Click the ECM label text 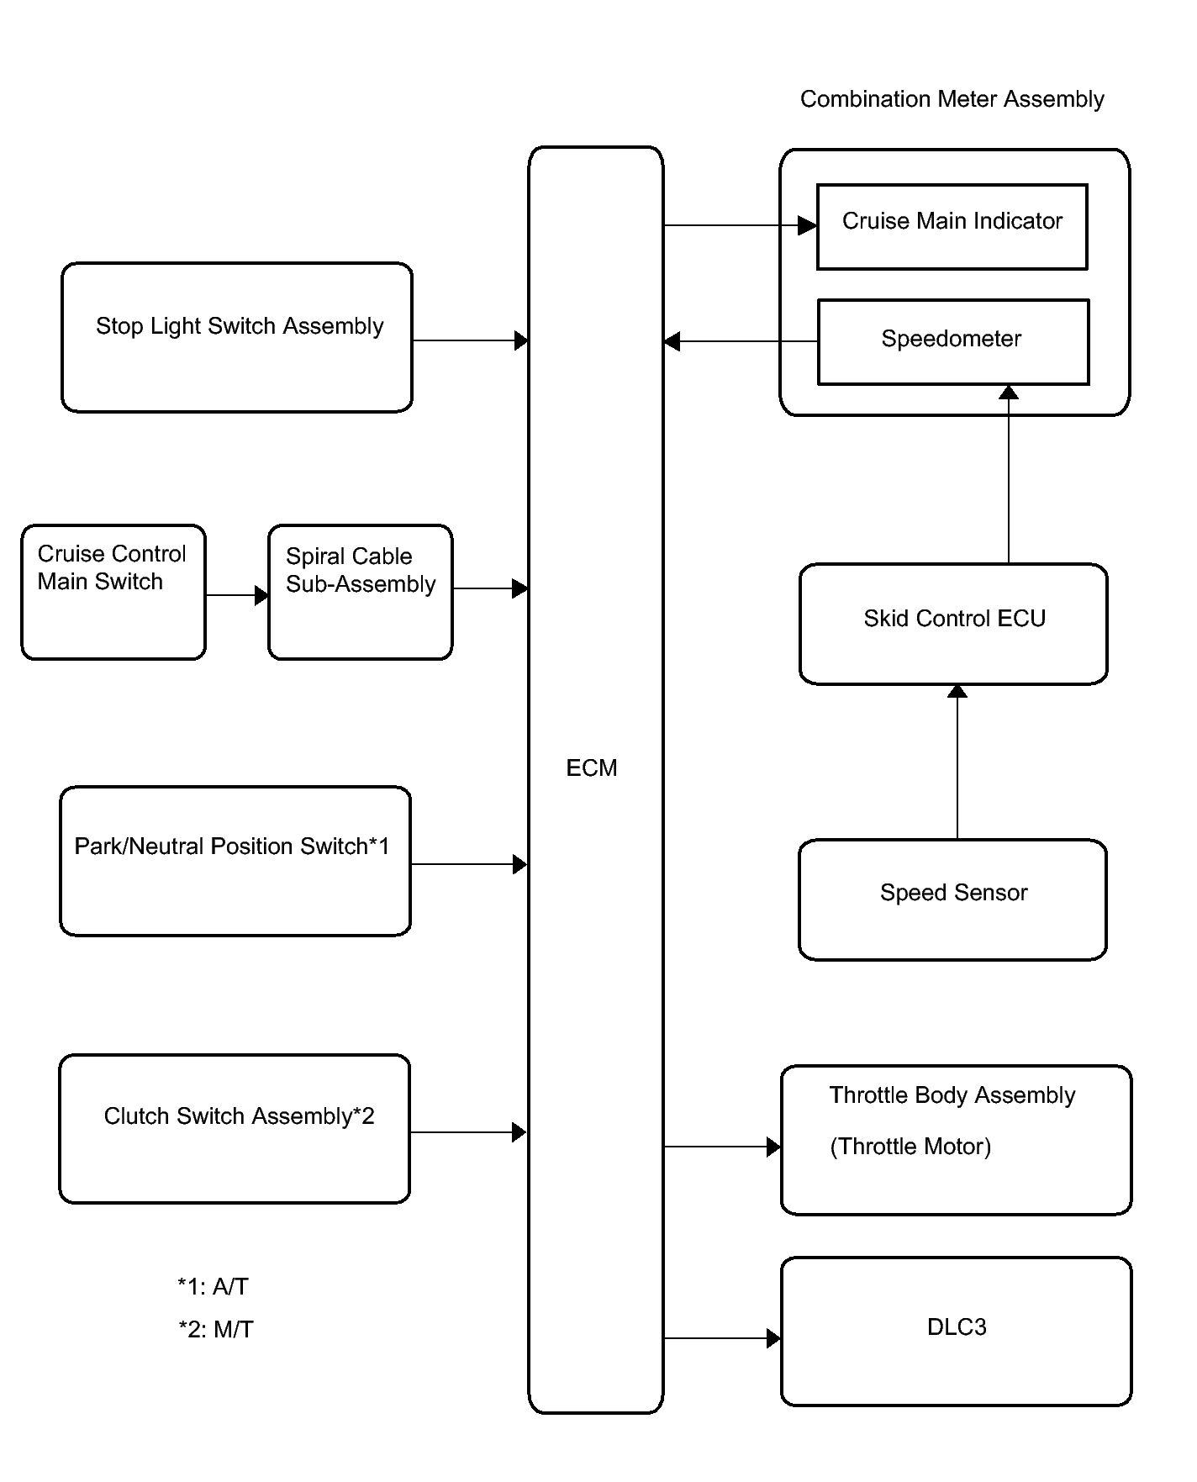pyautogui.click(x=592, y=767)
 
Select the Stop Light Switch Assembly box pyautogui.click(x=237, y=337)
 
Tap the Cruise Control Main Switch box pyautogui.click(x=113, y=592)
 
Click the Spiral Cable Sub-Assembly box pyautogui.click(x=361, y=592)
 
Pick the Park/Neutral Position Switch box pyautogui.click(x=235, y=861)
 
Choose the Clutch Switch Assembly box pyautogui.click(x=235, y=1129)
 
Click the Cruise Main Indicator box pyautogui.click(x=952, y=227)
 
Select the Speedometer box pyautogui.click(x=954, y=342)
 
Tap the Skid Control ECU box pyautogui.click(x=953, y=624)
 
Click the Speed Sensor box pyautogui.click(x=952, y=899)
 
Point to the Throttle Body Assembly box pyautogui.click(x=957, y=1140)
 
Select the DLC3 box pyautogui.click(x=957, y=1332)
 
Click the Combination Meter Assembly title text pyautogui.click(x=952, y=99)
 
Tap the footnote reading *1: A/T pyautogui.click(x=213, y=1286)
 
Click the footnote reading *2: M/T pyautogui.click(x=216, y=1329)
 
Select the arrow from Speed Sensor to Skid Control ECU pyautogui.click(x=957, y=762)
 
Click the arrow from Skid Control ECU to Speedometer pyautogui.click(x=1009, y=474)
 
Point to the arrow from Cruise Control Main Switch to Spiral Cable pyautogui.click(x=237, y=595)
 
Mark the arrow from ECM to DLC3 pyautogui.click(x=722, y=1338)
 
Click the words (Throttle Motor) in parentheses pyautogui.click(x=910, y=1147)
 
